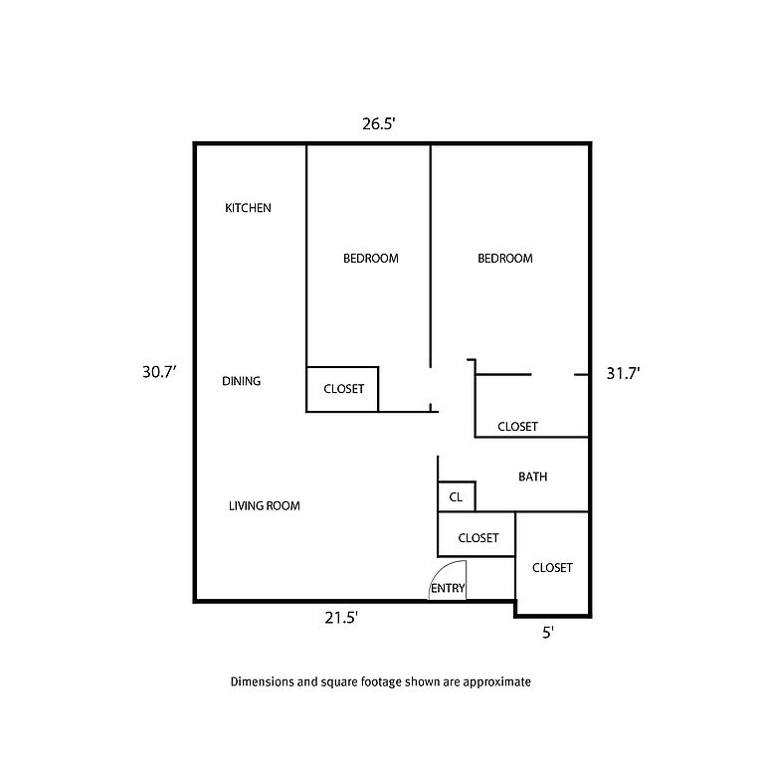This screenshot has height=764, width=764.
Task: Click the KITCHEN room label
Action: click(x=248, y=208)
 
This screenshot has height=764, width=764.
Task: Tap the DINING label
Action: click(x=241, y=381)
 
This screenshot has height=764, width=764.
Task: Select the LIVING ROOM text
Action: click(x=264, y=506)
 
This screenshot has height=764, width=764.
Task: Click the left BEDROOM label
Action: click(x=370, y=259)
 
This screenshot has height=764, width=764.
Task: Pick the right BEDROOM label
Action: click(x=505, y=259)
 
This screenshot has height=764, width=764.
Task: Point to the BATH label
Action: click(x=532, y=477)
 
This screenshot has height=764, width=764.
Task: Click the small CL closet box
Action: click(x=457, y=496)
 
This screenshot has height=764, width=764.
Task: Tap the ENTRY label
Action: click(x=448, y=589)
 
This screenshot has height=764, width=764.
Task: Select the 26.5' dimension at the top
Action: click(x=379, y=124)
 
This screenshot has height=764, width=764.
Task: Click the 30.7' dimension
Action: click(x=159, y=373)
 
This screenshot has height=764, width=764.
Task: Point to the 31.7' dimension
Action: click(x=623, y=374)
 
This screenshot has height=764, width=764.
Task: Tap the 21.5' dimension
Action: click(x=341, y=618)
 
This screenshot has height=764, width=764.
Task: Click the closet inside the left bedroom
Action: click(x=342, y=389)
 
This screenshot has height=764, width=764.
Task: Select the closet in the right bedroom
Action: click(x=517, y=427)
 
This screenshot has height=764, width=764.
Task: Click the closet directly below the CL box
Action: click(x=477, y=538)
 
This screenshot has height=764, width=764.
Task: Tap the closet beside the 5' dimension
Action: click(x=552, y=568)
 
